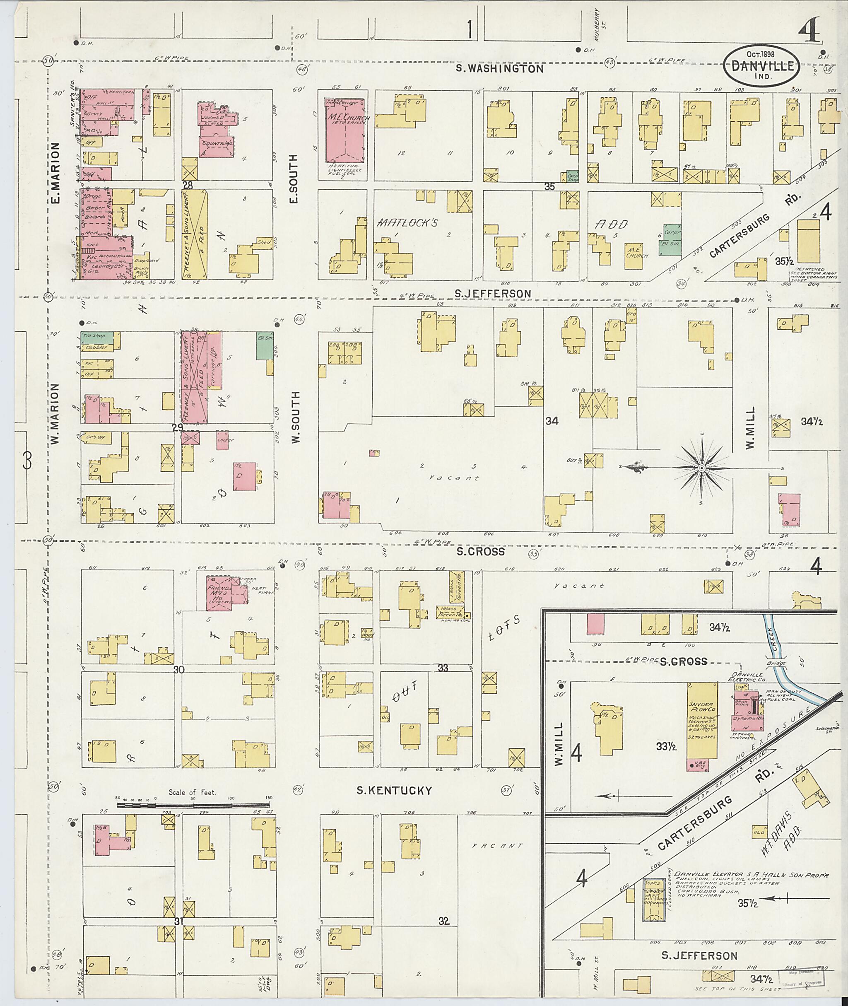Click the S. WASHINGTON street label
tap(499, 69)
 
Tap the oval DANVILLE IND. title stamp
tap(762, 66)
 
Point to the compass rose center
tap(701, 468)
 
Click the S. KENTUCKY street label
tap(394, 791)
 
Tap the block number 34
tap(552, 422)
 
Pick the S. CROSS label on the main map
tap(481, 552)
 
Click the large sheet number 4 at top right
tap(812, 34)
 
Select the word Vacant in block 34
tap(454, 478)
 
